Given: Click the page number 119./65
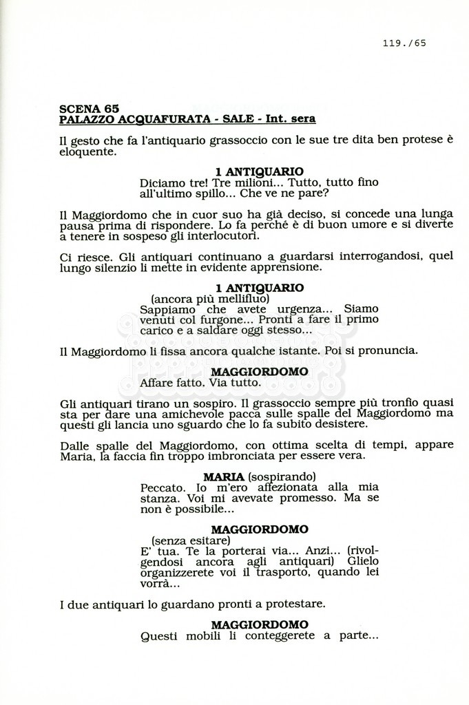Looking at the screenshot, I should click(404, 43).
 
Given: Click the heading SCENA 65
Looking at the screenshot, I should click(89, 108).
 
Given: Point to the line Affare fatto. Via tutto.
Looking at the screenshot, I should click(200, 382).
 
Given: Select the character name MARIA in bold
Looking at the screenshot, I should click(224, 476).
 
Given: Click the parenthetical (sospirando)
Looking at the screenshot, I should click(282, 476).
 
